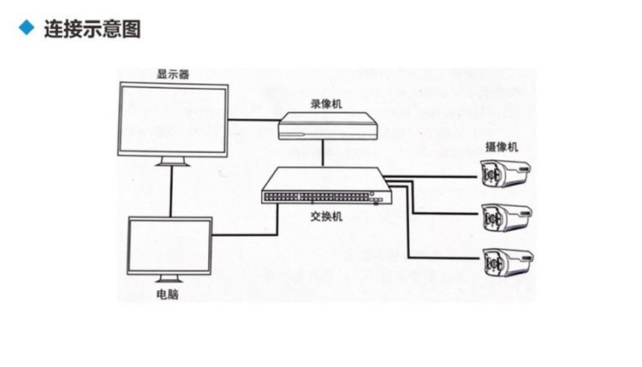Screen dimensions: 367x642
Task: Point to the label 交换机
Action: pos(326,217)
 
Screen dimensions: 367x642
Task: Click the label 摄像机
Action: pos(502,147)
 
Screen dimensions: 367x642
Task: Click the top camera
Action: pos(508,175)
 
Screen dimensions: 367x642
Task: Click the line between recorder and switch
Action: pos(323,153)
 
